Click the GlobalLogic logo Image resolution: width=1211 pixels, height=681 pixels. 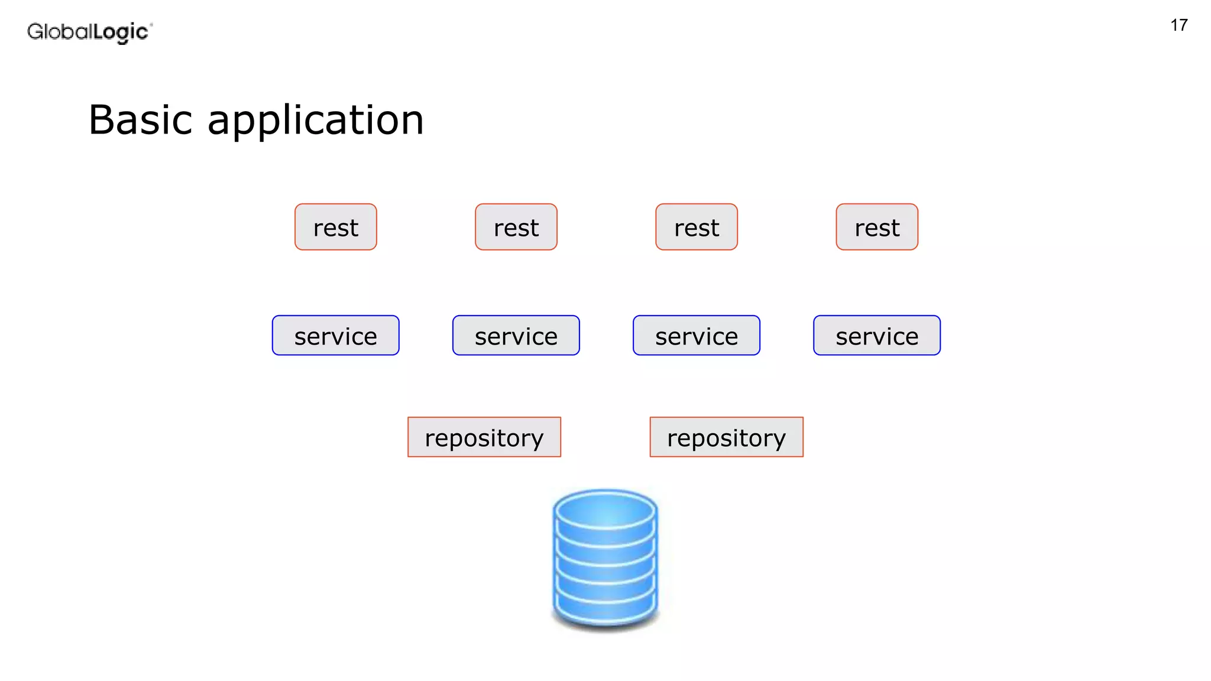[x=89, y=32]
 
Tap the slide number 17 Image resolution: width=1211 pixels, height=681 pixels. [x=1178, y=25]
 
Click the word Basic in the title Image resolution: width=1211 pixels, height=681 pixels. [x=140, y=120]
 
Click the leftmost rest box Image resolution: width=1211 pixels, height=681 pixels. [x=336, y=227]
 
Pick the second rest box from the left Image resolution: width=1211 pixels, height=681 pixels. [x=516, y=227]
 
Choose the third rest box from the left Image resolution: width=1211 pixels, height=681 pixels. [x=697, y=227]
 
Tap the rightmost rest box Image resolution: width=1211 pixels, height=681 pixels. [x=877, y=227]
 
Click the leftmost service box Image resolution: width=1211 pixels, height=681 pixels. [x=336, y=335]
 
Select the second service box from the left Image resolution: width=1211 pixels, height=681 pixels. [x=516, y=335]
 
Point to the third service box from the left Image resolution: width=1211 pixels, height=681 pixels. [x=697, y=335]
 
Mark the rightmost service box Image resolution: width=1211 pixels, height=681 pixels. [x=877, y=335]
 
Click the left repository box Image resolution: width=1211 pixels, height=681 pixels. [x=484, y=437]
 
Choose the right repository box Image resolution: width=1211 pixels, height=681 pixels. [x=727, y=437]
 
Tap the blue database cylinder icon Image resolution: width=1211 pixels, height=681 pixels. [x=605, y=559]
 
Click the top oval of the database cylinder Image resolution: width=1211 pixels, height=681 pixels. [x=605, y=510]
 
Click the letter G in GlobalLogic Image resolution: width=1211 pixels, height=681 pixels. [x=35, y=31]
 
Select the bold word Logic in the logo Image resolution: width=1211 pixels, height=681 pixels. [x=121, y=32]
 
